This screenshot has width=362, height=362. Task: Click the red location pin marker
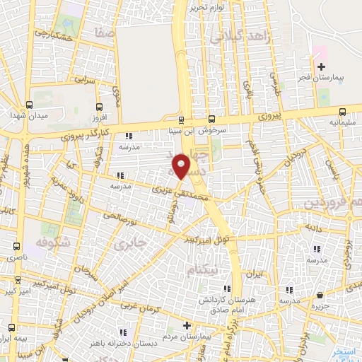click(182, 167)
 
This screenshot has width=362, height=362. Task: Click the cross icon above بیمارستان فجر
click(321, 66)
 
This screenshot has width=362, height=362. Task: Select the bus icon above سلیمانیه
click(343, 111)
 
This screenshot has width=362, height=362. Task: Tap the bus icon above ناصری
click(16, 246)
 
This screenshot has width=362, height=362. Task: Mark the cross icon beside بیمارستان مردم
click(186, 326)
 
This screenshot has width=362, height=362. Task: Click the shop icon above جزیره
click(320, 296)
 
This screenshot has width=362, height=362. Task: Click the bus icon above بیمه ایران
click(12, 327)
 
